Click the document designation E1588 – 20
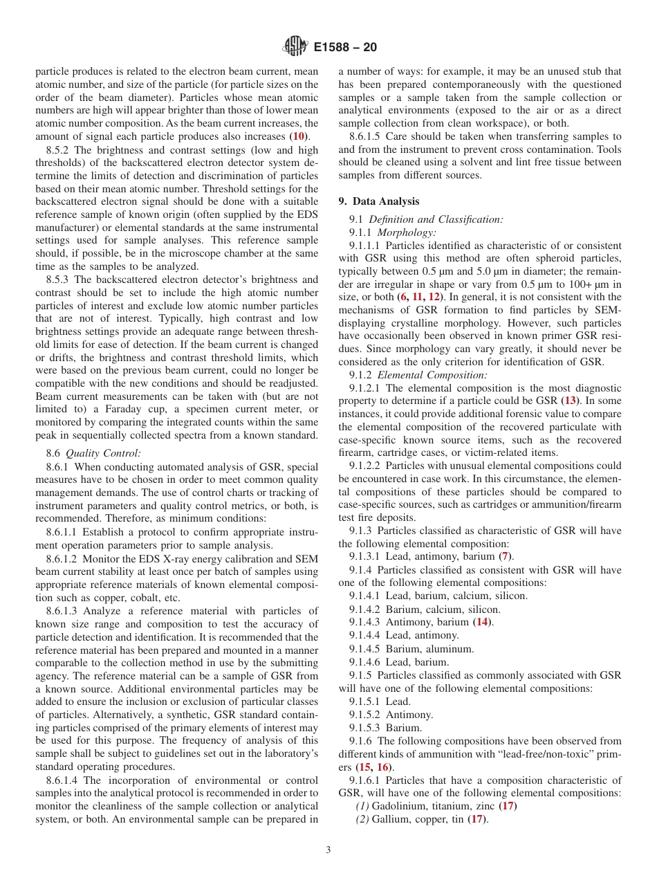pos(344,48)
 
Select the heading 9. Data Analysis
pos(378,201)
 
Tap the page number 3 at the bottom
pos(328,850)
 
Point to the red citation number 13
pos(571,401)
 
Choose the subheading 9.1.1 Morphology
pos(392,232)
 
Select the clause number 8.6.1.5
pos(367,136)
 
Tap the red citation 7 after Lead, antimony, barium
pos(506,556)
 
